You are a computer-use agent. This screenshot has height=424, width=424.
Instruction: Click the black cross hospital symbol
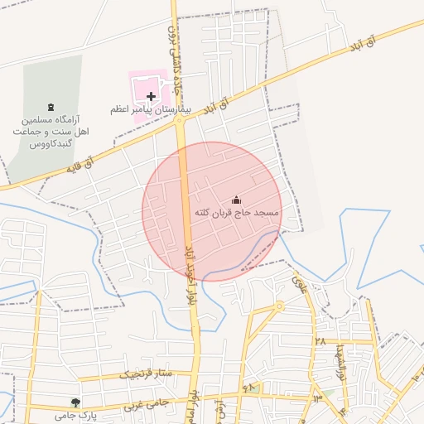coord(151,97)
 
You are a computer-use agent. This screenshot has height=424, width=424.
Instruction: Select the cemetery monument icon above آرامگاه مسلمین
coord(52,108)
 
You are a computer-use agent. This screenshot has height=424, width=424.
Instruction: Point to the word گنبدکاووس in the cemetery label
coord(52,144)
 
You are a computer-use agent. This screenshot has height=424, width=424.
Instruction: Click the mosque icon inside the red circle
coord(236,200)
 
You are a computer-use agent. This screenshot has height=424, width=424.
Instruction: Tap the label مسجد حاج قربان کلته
coord(237,213)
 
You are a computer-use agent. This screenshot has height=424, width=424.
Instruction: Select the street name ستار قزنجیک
coord(147,373)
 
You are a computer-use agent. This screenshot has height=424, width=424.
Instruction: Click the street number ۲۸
coord(319,340)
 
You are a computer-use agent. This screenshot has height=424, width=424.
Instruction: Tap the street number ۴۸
coord(248,387)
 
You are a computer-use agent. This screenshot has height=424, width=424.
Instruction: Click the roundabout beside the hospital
coord(180,120)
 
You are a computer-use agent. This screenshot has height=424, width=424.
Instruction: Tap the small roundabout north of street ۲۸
coord(280,306)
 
